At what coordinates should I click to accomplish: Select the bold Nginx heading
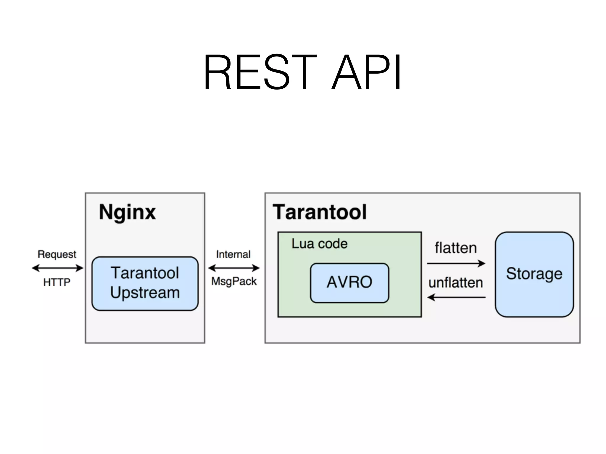pyautogui.click(x=127, y=212)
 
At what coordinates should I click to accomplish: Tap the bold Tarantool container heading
pyautogui.click(x=320, y=212)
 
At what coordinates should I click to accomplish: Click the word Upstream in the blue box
pyautogui.click(x=145, y=293)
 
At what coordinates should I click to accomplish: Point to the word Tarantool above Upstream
pyautogui.click(x=145, y=273)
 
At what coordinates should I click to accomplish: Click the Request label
pyautogui.click(x=57, y=254)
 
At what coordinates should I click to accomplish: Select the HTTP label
pyautogui.click(x=57, y=282)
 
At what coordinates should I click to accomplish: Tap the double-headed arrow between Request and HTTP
pyautogui.click(x=58, y=268)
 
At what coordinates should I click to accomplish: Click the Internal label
pyautogui.click(x=233, y=254)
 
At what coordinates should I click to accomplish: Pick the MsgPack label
pyautogui.click(x=234, y=281)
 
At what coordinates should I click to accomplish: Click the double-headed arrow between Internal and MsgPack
pyautogui.click(x=234, y=268)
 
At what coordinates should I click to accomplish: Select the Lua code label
pyautogui.click(x=320, y=244)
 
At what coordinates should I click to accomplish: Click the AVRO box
pyautogui.click(x=349, y=282)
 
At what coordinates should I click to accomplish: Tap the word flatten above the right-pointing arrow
pyautogui.click(x=456, y=248)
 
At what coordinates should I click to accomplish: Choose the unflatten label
pyautogui.click(x=456, y=283)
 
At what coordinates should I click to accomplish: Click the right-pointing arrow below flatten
pyautogui.click(x=456, y=263)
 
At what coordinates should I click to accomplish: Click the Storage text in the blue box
pyautogui.click(x=534, y=274)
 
